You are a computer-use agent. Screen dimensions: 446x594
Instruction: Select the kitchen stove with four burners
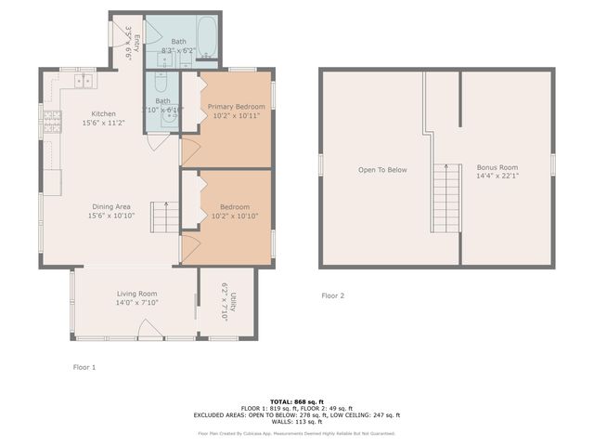pos(52,120)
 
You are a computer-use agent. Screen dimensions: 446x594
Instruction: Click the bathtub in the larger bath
pos(207,37)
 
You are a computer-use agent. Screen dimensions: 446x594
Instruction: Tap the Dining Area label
pos(110,206)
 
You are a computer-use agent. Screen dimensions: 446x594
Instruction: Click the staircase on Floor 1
pos(164,218)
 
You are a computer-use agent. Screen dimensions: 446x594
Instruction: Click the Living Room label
pos(136,293)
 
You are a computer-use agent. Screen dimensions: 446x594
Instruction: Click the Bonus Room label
pos(497,166)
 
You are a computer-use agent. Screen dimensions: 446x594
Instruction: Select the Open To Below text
pos(383,170)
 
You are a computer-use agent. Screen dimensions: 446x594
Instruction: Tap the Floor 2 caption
pos(332,295)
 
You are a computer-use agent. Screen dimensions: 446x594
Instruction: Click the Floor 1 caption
pos(84,367)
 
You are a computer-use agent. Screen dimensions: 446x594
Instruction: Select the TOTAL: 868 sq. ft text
pos(296,401)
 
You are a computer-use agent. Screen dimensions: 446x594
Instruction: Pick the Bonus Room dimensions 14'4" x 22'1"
pos(497,176)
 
